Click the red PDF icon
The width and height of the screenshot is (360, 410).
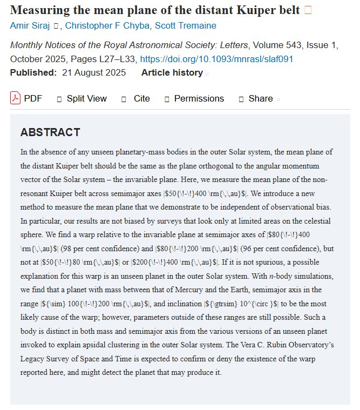tap(15, 98)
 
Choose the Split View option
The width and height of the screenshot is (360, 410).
tap(86, 98)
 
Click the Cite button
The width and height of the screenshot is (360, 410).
tap(141, 98)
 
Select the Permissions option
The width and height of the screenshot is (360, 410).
tap(199, 98)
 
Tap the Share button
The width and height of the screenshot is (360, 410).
tap(260, 98)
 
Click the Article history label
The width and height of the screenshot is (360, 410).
tap(172, 72)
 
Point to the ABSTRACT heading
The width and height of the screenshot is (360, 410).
tap(50, 132)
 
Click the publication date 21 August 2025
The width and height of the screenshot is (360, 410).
tap(93, 72)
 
